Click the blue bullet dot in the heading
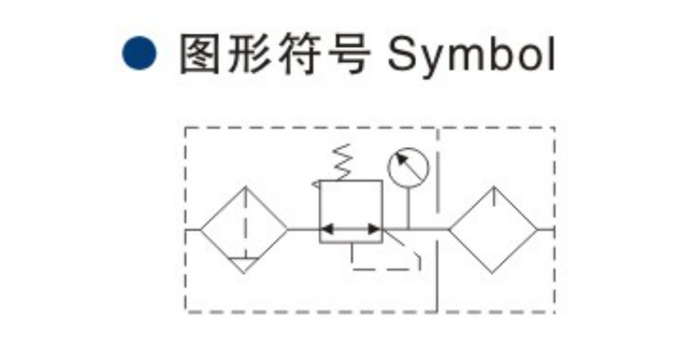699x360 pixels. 139,53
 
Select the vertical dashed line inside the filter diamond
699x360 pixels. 245,221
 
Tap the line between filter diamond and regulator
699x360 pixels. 303,230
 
